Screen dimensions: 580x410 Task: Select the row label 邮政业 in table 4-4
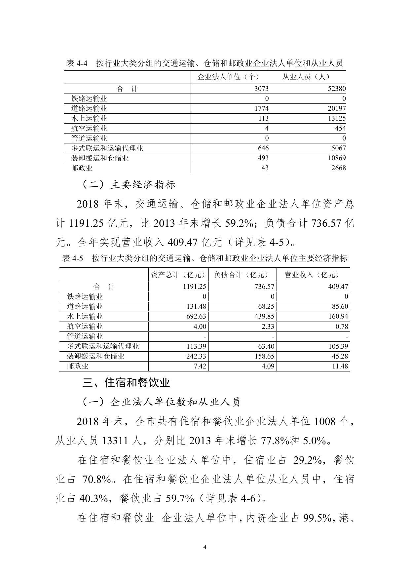[x=82, y=168]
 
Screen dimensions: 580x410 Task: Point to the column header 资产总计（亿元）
[x=178, y=275]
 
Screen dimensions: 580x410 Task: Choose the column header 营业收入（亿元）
[x=312, y=275]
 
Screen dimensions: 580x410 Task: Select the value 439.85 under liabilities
[x=264, y=316]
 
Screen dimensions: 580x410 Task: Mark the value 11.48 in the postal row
[x=339, y=366]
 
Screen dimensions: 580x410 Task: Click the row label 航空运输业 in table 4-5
[x=85, y=327]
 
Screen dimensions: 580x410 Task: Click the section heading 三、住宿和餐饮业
[x=126, y=383]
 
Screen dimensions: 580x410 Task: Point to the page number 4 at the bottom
[x=205, y=547]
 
